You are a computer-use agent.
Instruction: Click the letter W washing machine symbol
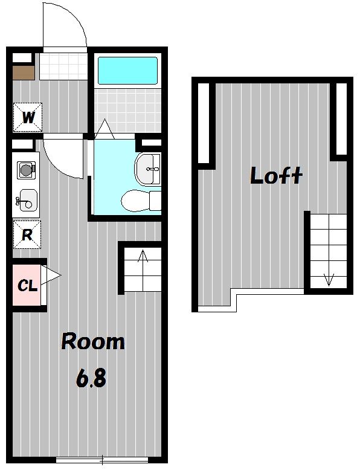pos(28,117)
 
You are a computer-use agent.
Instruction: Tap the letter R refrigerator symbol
pos(27,235)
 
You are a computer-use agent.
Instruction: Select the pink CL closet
pos(27,285)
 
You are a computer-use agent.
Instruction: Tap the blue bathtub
pos(127,71)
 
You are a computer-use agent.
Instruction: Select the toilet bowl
pos(141,201)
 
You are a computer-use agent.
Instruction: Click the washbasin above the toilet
pos(147,169)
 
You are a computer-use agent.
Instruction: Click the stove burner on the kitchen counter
pos(26,170)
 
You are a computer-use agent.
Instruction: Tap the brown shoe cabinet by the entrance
pos(24,72)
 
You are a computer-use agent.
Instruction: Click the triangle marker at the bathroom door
pos(104,129)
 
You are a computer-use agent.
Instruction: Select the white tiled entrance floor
pos(63,66)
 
